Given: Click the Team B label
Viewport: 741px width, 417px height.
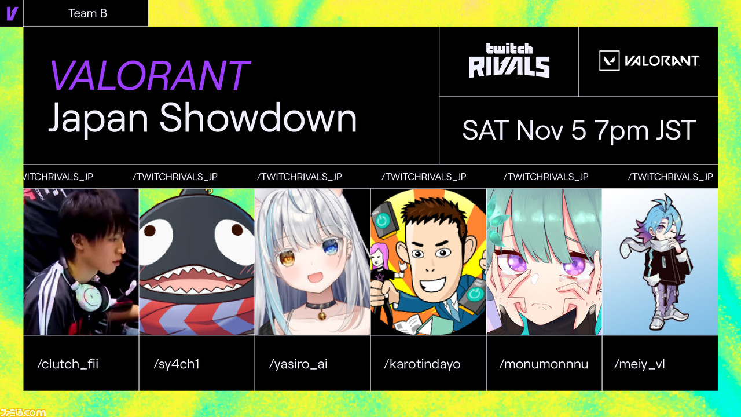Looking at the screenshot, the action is coord(87,13).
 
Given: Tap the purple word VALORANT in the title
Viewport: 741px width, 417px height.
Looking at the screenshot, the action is coord(150,75).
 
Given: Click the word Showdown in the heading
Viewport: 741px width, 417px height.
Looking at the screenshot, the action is coord(258,118).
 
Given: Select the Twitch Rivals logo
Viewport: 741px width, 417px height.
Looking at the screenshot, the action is coord(509,61).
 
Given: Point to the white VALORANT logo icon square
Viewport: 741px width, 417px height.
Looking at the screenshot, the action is coord(609,61).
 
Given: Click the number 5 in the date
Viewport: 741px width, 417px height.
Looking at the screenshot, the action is coord(578,130).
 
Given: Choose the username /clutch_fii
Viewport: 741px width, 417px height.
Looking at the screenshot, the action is coord(68,364).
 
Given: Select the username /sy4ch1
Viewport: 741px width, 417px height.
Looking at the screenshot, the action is coord(177,364).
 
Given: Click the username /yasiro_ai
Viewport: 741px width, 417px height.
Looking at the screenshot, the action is coord(298,364).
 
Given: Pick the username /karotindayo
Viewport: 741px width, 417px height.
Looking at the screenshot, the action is coord(422,364).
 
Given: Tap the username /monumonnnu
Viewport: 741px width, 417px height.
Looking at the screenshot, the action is coord(544,364).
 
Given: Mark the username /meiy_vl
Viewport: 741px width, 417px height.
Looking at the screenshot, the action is coord(640,364).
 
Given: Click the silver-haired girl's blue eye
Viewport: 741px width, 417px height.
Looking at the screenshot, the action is coord(330,247).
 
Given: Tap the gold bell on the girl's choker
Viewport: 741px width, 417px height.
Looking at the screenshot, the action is coord(321,314).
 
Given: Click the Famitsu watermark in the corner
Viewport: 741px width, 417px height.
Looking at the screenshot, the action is coord(23,412).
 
